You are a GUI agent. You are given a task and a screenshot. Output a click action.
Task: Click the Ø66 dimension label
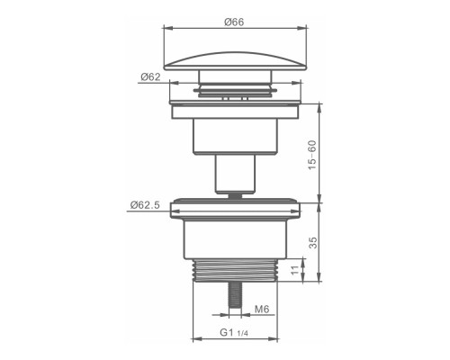point(234,22)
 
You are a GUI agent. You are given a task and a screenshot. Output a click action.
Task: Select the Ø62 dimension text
point(150,76)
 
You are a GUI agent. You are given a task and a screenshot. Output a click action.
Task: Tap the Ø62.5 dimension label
point(145,205)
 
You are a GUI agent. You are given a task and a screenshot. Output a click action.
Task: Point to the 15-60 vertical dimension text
point(312,155)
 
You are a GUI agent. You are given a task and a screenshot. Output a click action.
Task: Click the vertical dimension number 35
point(312,243)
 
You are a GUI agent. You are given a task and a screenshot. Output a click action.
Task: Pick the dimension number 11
point(295,270)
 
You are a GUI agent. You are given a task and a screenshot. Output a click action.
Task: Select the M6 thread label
point(262,309)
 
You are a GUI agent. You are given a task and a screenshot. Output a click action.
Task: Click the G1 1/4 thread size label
point(234,332)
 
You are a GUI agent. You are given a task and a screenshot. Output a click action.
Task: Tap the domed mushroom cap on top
point(235,61)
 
